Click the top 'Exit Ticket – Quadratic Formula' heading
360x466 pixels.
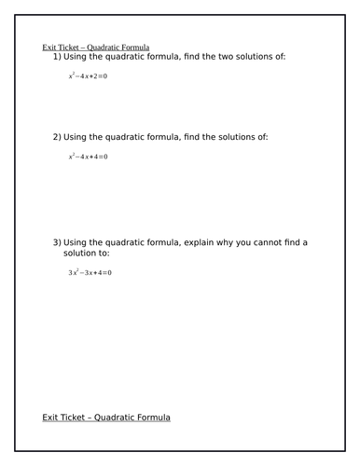tap(97, 48)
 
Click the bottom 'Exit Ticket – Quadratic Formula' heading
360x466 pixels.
tap(106, 418)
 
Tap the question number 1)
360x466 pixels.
tap(58, 57)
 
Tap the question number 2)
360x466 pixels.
tap(58, 137)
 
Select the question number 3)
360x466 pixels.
tap(58, 242)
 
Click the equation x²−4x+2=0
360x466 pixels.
tap(88, 75)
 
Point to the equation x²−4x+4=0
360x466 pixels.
tap(88, 156)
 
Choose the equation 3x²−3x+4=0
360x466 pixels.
tap(90, 273)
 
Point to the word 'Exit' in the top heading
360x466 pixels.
tap(49, 48)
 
